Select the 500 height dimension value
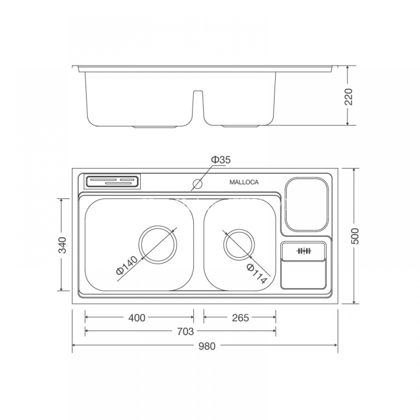[x=357, y=236]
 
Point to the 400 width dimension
[x=137, y=318]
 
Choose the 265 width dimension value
[x=240, y=318]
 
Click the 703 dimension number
[x=185, y=332]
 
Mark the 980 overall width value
[x=207, y=346]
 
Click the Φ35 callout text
[x=220, y=160]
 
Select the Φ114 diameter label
[x=257, y=273]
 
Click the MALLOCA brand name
[x=244, y=182]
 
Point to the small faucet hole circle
[x=197, y=184]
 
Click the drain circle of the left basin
[x=158, y=245]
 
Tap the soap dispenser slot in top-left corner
[x=113, y=181]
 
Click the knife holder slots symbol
[x=304, y=251]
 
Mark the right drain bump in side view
[x=239, y=126]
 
